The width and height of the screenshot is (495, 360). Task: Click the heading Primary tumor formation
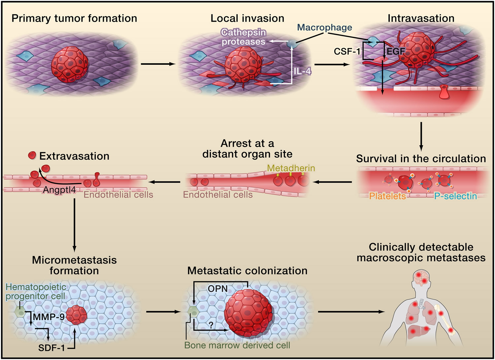click(74, 18)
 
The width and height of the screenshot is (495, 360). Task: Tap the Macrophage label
click(324, 27)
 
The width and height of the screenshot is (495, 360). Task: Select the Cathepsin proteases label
click(244, 37)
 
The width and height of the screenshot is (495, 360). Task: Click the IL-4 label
click(302, 71)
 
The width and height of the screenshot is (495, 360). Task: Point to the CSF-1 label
click(347, 52)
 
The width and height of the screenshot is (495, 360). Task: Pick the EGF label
click(396, 52)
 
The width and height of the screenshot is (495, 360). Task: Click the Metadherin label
click(291, 168)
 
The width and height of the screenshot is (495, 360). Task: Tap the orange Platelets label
click(387, 196)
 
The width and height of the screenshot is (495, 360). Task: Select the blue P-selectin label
click(455, 196)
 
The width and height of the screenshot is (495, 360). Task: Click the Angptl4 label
click(59, 190)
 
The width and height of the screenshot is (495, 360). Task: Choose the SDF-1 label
click(51, 348)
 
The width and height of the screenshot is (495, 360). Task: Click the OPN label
click(217, 289)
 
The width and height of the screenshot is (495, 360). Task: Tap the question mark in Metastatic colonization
click(211, 325)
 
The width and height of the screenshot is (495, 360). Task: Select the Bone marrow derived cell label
click(237, 345)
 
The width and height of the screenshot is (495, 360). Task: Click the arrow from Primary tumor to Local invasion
click(158, 64)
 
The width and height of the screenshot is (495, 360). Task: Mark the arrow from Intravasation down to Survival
click(421, 136)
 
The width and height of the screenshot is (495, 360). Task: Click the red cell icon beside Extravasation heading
click(32, 156)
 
